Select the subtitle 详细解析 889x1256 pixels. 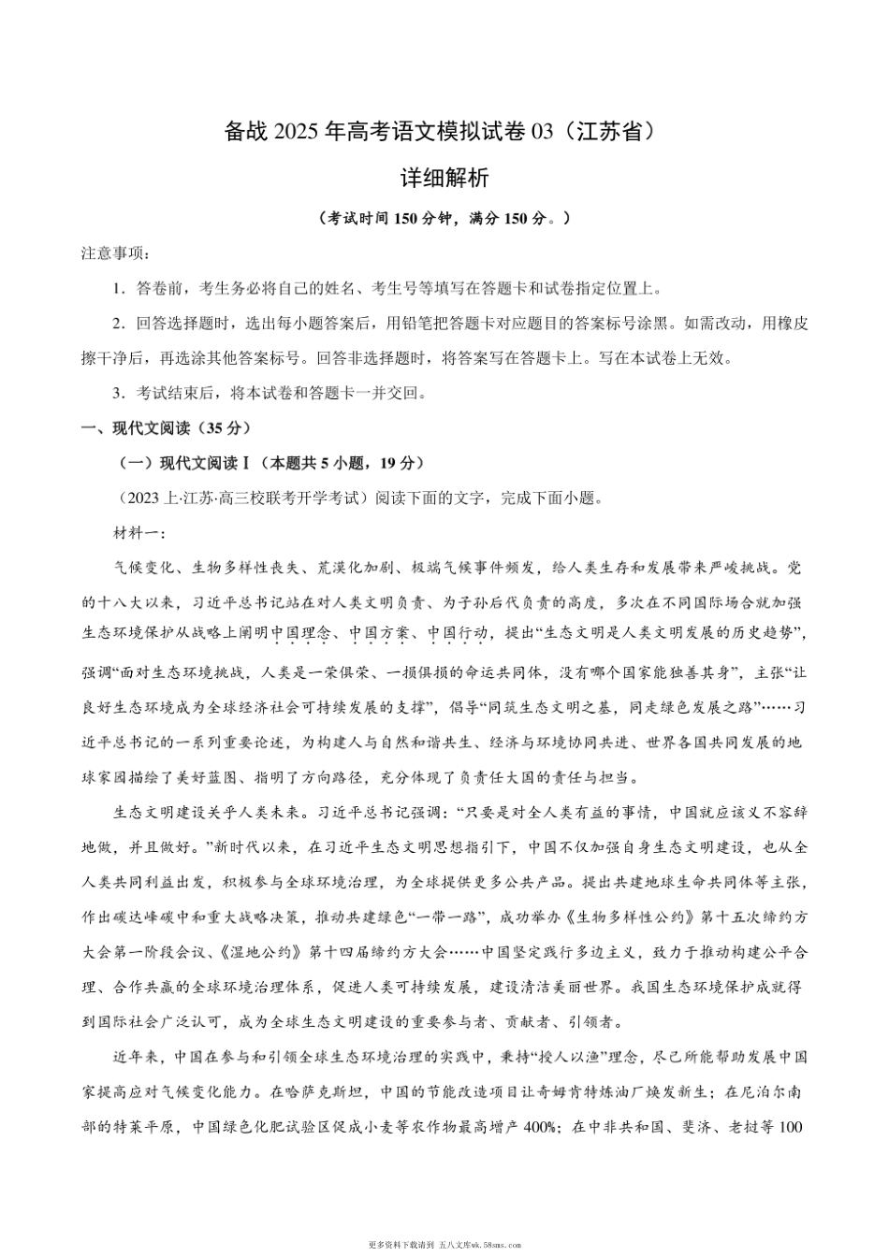[x=444, y=178]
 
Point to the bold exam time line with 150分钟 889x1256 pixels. [x=444, y=218]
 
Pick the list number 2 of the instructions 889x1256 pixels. [x=118, y=324]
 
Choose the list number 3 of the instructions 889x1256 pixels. [x=118, y=393]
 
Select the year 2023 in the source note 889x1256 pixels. [x=140, y=498]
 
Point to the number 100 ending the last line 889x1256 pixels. [x=791, y=1127]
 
